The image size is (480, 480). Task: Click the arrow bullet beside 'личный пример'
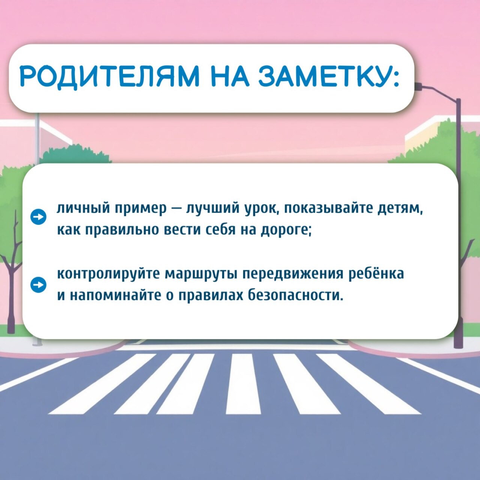point(38,217)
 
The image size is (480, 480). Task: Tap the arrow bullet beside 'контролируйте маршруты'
point(38,285)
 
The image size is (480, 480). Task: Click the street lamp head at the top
point(418,86)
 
